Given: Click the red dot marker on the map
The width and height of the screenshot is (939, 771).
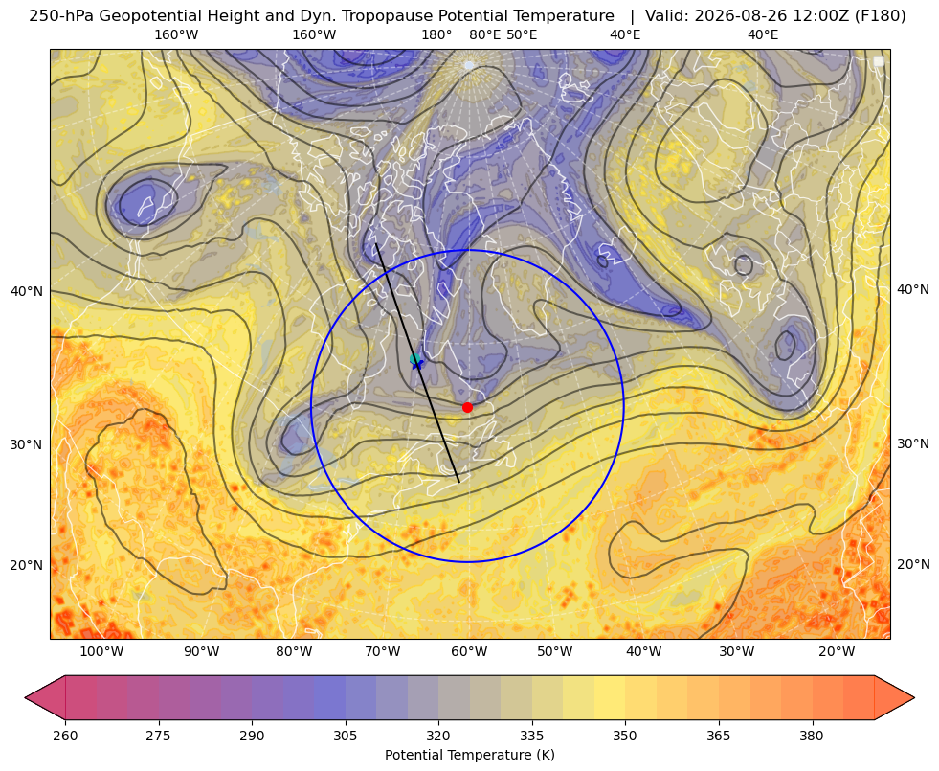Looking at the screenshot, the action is [x=467, y=407].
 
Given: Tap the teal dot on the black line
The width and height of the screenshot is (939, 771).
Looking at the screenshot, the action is [x=414, y=359].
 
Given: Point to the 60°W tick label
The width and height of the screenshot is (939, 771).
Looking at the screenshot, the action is [x=469, y=652].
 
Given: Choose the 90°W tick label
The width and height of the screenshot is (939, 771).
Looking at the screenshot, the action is [x=201, y=652].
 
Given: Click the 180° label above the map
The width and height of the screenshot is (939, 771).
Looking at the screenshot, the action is [x=436, y=34].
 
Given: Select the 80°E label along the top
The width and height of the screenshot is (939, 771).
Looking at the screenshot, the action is [x=484, y=34].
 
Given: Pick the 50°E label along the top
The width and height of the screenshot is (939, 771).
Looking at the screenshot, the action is [x=522, y=34].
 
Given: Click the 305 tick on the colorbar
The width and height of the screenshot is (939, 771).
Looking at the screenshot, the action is [x=345, y=736].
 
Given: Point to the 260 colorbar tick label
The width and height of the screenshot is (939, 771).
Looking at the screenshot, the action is [x=65, y=736].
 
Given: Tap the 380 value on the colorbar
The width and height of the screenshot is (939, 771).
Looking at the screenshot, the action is [x=812, y=736].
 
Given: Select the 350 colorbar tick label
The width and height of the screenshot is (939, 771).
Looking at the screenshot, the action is [x=625, y=736].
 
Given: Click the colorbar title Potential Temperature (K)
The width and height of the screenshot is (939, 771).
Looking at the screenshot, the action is [x=469, y=755].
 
